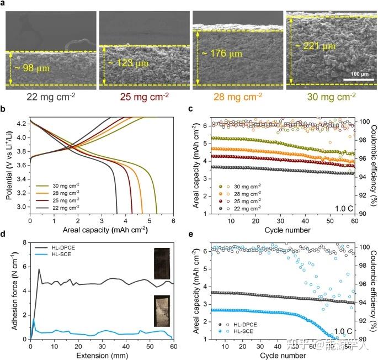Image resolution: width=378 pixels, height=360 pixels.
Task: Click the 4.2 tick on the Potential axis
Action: [22, 124]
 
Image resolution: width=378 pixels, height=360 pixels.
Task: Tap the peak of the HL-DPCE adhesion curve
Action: [39, 269]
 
